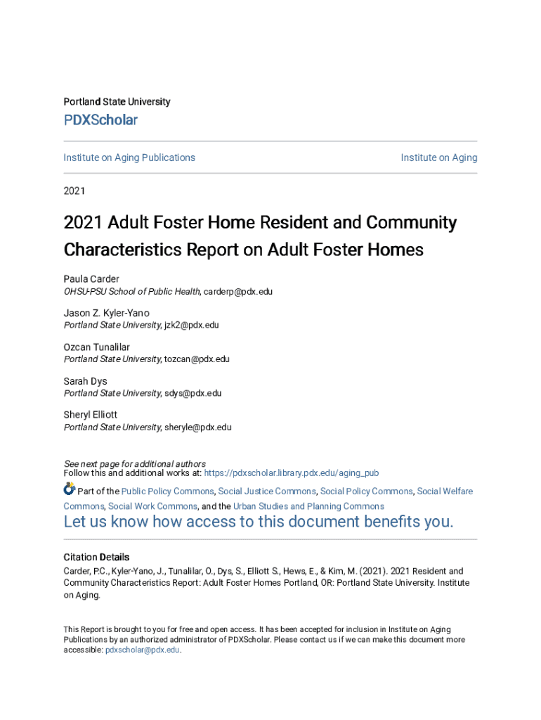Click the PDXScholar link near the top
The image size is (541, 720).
click(100, 120)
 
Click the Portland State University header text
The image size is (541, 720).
click(117, 102)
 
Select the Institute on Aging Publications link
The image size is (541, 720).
click(129, 157)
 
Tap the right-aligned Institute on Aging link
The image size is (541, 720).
click(438, 157)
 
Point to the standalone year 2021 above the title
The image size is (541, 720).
click(74, 190)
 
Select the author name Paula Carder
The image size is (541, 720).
click(91, 279)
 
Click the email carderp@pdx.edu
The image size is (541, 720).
click(237, 291)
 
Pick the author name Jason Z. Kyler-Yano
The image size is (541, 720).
click(106, 313)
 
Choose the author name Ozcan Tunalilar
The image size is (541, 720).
click(97, 347)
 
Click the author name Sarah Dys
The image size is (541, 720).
click(85, 381)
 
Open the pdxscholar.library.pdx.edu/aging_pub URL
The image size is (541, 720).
click(291, 473)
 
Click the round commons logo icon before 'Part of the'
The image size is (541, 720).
click(69, 489)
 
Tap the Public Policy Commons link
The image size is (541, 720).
click(167, 491)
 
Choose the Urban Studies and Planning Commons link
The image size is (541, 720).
click(308, 506)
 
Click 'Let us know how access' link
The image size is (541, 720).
click(259, 522)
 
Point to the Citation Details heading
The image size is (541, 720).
click(96, 557)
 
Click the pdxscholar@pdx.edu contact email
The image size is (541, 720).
click(143, 650)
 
